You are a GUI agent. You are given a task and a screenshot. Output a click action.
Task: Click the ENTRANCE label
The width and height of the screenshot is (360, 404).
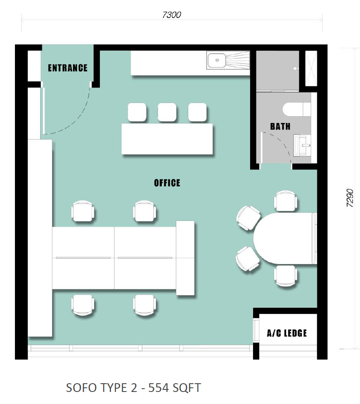pyautogui.click(x=68, y=68)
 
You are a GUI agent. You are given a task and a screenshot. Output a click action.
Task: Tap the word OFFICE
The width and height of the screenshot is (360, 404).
pyautogui.click(x=167, y=183)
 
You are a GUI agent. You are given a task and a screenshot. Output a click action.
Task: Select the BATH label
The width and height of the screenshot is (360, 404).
pyautogui.click(x=280, y=127)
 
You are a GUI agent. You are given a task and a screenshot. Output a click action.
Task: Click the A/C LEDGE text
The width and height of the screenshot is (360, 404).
pyautogui.click(x=287, y=333)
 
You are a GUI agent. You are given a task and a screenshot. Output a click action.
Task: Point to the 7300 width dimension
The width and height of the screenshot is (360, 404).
pyautogui.click(x=172, y=15)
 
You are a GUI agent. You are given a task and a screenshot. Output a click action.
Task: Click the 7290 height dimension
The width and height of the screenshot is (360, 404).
pyautogui.click(x=350, y=198)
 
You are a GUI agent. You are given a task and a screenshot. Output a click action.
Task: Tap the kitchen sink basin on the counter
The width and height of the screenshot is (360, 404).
pyautogui.click(x=216, y=60)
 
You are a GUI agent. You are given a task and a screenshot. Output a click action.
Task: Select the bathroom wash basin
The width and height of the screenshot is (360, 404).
pyautogui.click(x=302, y=145)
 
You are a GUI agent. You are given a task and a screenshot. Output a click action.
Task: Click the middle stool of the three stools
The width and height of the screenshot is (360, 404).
pyautogui.click(x=167, y=112)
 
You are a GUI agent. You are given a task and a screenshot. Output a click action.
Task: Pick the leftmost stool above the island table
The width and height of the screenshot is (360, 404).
pyautogui.click(x=137, y=112)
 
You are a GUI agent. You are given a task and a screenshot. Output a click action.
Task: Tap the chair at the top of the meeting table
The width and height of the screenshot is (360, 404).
pyautogui.click(x=285, y=201)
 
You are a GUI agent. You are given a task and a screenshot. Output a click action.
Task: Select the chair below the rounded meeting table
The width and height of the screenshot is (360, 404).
pyautogui.click(x=285, y=276)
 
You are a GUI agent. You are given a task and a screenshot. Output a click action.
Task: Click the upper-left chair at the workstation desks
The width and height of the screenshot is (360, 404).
pyautogui.click(x=83, y=211)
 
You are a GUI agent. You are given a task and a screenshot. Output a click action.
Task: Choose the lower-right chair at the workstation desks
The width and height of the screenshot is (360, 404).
pyautogui.click(x=144, y=305)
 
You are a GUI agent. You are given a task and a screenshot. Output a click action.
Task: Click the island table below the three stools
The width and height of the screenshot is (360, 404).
pyautogui.click(x=167, y=139)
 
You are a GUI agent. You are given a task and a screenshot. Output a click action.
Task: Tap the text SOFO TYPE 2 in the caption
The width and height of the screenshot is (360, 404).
pyautogui.click(x=100, y=388)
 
